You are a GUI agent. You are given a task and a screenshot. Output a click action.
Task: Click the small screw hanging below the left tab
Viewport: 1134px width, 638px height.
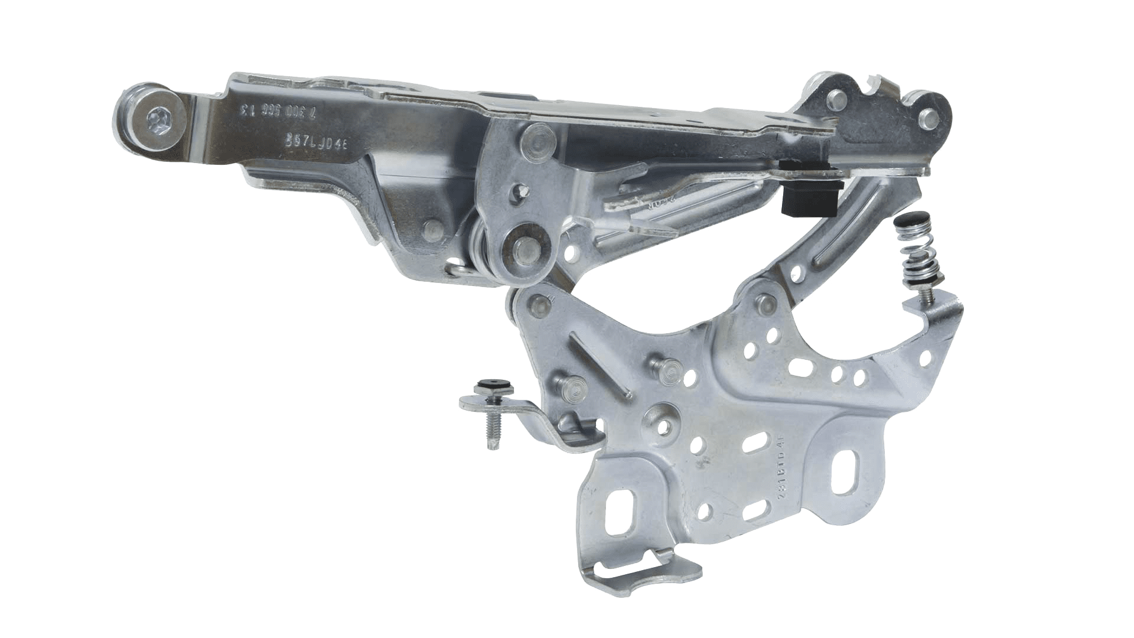pyautogui.click(x=491, y=431)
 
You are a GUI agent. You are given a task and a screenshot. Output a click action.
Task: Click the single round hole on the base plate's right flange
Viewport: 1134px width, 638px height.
pyautogui.click(x=923, y=356)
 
